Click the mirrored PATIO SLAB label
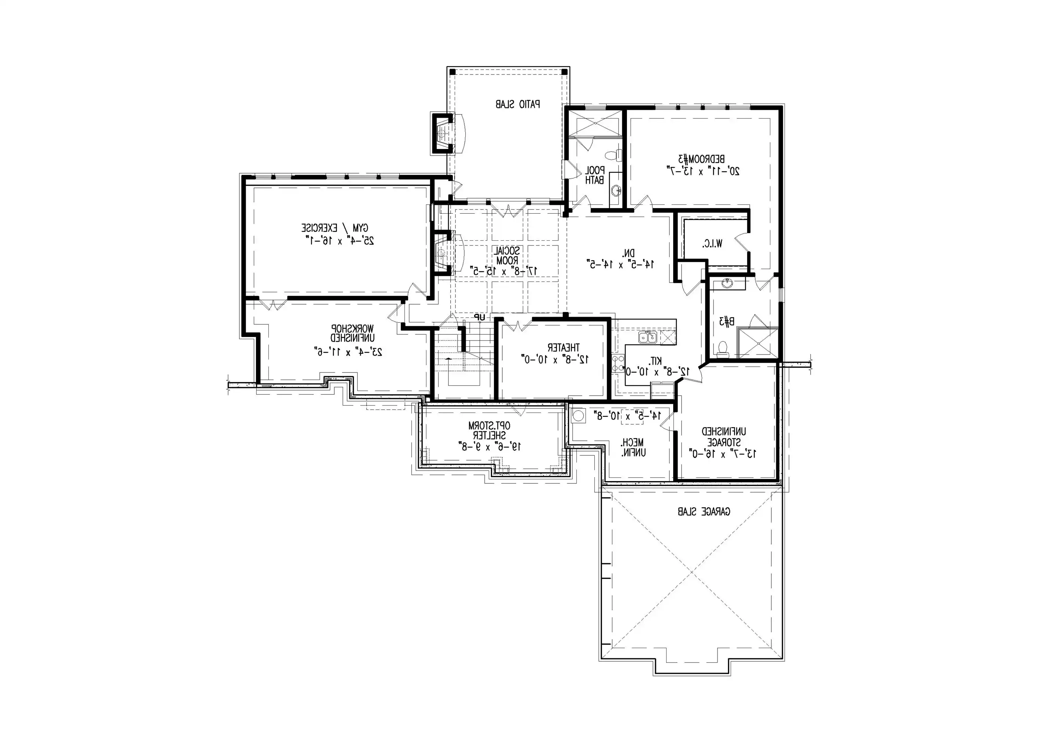(x=518, y=104)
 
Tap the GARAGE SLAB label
(x=704, y=512)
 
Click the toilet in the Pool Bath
(x=617, y=155)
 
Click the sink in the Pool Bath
(x=616, y=190)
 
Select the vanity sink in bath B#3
(x=727, y=284)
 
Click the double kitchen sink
(x=647, y=338)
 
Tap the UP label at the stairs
(x=479, y=316)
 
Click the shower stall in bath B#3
(x=757, y=343)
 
